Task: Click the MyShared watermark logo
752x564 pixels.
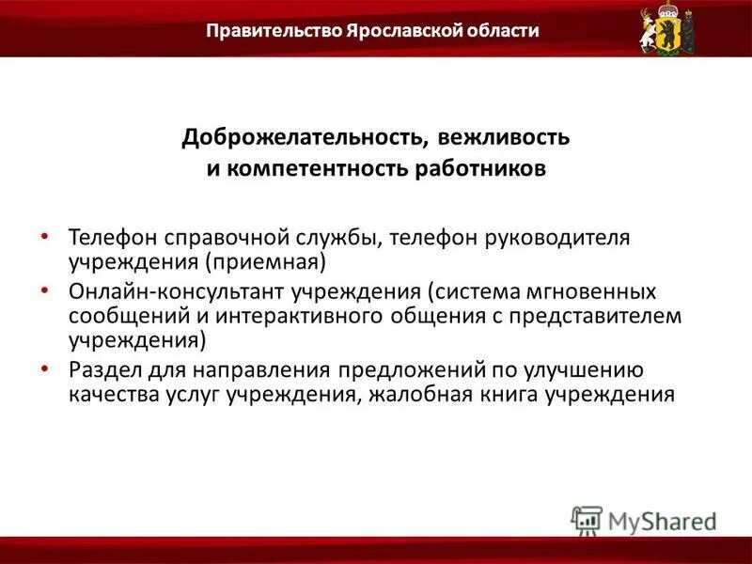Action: coord(644,520)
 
